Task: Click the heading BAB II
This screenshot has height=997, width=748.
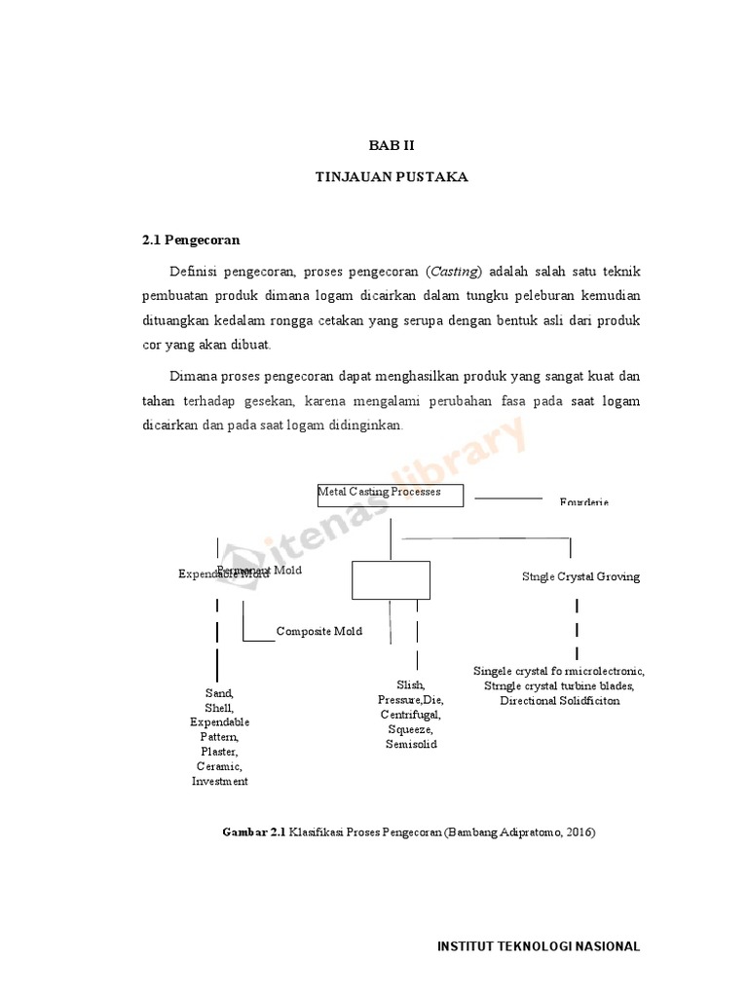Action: tap(392, 145)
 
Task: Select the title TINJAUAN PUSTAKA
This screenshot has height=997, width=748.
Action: tap(392, 177)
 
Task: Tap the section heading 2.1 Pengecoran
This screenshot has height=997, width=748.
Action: tap(191, 239)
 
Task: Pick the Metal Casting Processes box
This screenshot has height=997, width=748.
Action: tap(391, 493)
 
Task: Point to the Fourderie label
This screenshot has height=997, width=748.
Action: tap(583, 502)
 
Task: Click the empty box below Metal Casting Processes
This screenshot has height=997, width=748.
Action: tap(391, 579)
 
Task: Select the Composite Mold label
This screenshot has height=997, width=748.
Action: tap(318, 631)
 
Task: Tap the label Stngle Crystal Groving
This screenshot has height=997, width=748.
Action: tap(580, 576)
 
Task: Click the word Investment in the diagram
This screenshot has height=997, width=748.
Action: tap(220, 781)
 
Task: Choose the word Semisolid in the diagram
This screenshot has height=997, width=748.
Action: tap(411, 744)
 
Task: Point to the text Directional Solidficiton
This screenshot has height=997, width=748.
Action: tap(559, 700)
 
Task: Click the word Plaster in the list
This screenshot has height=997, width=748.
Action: tap(219, 752)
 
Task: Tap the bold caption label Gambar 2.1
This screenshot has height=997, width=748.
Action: tap(253, 832)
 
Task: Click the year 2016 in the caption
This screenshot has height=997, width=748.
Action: tap(578, 832)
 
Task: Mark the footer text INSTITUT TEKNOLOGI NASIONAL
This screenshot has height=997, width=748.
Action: tap(539, 946)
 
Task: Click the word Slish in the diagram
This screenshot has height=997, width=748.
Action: tap(410, 685)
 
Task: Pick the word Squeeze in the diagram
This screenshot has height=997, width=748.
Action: tap(411, 729)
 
